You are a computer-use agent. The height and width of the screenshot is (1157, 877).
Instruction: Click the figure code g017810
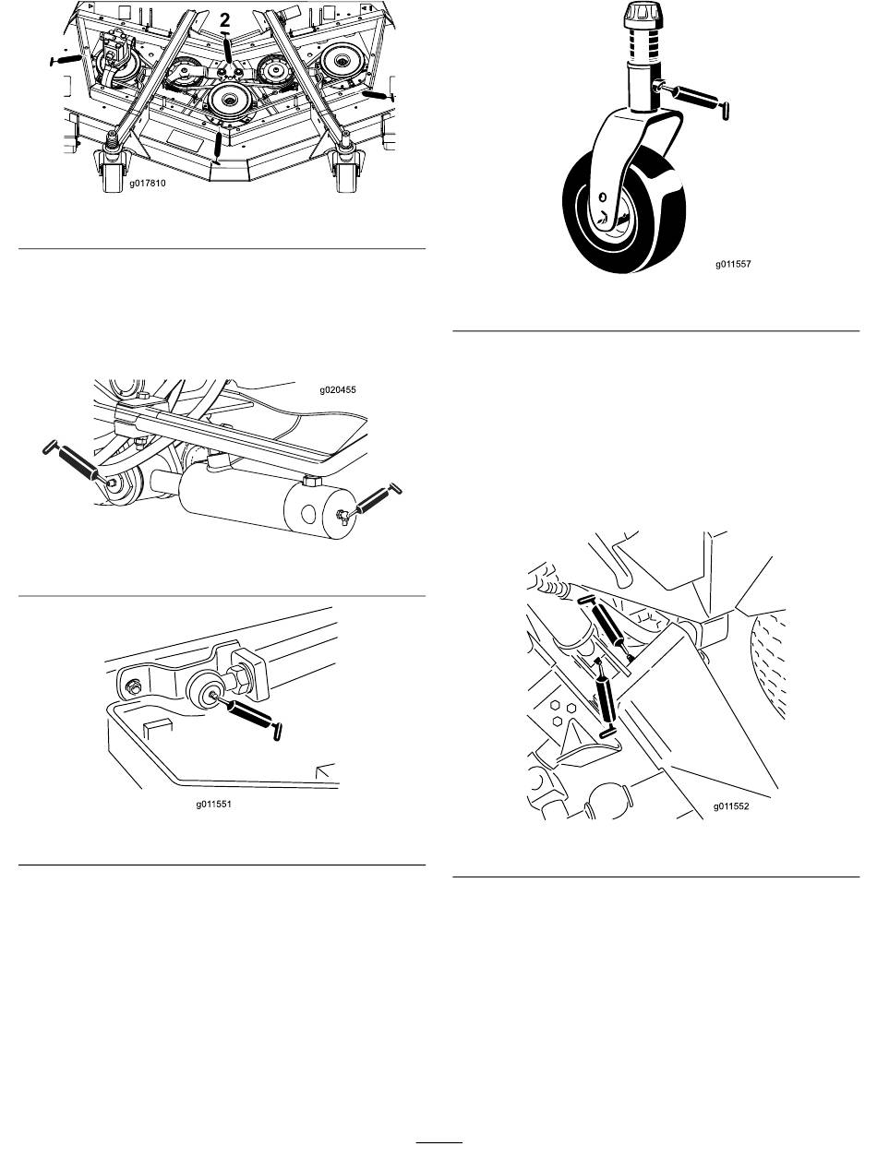[147, 183]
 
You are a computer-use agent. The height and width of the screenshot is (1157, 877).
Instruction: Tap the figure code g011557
[732, 264]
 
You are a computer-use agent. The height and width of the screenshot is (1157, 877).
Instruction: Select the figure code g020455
[338, 390]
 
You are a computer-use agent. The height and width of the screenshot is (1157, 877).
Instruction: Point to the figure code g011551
[213, 805]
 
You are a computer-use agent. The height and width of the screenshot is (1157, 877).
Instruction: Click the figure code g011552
[731, 806]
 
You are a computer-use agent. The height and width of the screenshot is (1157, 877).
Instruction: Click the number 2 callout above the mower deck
[224, 20]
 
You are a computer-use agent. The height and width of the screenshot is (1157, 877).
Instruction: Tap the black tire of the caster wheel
[624, 212]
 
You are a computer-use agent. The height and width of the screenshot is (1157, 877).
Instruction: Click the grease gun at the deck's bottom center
[218, 148]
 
